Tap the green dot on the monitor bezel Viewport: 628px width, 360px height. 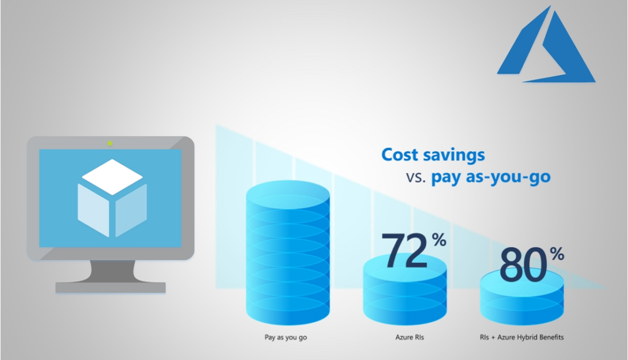click(110, 144)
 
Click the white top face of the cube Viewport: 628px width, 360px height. click(112, 177)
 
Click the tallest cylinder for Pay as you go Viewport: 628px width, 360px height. click(288, 253)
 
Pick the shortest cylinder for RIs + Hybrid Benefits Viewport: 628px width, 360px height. click(522, 296)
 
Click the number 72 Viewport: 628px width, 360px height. click(405, 251)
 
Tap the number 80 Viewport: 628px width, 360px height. click(523, 265)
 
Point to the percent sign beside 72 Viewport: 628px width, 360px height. click(439, 240)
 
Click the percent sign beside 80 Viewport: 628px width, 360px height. click(557, 254)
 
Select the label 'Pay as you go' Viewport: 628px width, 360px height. click(286, 337)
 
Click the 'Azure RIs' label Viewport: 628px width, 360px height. click(409, 337)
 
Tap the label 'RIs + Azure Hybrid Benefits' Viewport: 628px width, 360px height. click(522, 337)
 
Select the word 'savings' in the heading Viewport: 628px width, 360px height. click(452, 155)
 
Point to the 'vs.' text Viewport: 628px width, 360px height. click(416, 177)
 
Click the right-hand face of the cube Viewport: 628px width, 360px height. click(131, 210)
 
